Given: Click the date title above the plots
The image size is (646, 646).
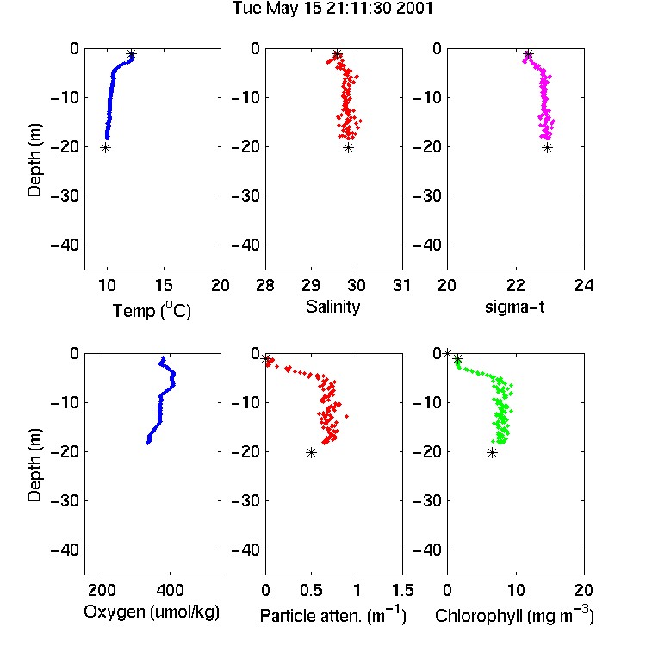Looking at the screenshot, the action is click(332, 8).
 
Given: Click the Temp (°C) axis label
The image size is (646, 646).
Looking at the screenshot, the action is click(152, 310).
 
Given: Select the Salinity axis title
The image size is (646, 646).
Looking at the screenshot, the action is click(332, 307).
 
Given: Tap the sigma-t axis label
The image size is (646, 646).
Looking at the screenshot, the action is click(514, 307).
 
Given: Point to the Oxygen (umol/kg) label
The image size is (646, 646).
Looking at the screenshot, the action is click(152, 612).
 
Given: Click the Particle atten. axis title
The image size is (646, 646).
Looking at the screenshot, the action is click(333, 615).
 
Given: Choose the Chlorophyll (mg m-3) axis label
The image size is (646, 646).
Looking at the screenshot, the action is click(514, 615).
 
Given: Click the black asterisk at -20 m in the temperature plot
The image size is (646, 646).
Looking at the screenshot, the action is click(105, 148).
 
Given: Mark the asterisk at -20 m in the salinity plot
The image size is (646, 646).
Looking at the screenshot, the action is click(349, 148).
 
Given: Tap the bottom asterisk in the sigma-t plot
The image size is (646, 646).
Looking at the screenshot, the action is click(547, 148).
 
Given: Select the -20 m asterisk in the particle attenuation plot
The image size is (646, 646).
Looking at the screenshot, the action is click(311, 453).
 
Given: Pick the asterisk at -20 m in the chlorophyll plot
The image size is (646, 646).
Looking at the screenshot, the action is click(492, 453).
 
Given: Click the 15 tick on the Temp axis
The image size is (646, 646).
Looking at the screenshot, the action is click(164, 285).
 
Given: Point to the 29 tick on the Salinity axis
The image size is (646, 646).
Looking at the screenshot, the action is click(311, 285).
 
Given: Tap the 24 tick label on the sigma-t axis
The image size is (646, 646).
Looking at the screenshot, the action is click(584, 285).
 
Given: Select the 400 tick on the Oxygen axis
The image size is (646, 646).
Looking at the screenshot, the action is click(170, 590).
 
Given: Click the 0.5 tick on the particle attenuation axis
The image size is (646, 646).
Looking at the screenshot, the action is click(312, 590).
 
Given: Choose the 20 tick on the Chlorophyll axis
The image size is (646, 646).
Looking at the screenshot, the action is click(584, 590).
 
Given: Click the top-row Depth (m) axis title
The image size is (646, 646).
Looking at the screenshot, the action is click(34, 160).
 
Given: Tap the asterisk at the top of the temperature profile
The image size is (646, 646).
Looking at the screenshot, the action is click(132, 54).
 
